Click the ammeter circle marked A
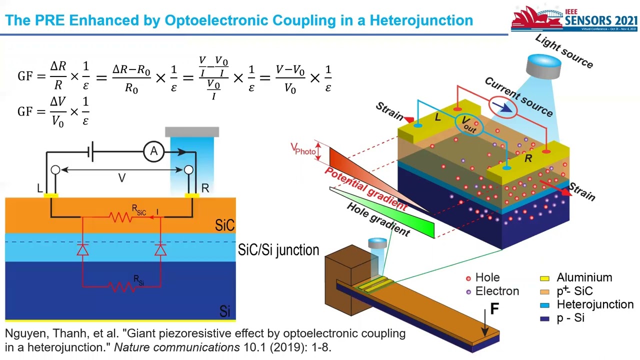154,151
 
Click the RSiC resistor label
138,210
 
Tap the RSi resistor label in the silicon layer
138,280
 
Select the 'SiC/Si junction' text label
278,250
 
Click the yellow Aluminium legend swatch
545,278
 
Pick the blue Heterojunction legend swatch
545,305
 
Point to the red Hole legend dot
468,278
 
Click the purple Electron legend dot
468,291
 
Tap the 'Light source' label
564,51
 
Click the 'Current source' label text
518,97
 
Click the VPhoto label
303,149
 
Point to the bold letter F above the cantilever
494,309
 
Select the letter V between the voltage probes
121,178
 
